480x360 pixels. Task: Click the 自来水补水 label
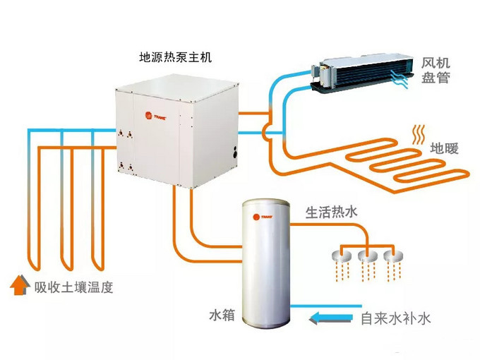[x=395, y=318]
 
